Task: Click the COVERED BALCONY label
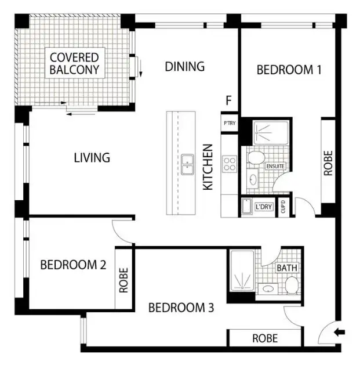[x=74, y=64]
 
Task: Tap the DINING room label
[x=185, y=66]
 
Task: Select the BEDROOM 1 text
[x=289, y=70]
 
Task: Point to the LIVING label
[x=92, y=157]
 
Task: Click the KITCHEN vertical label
[x=208, y=167]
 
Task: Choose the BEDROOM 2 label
[x=73, y=265]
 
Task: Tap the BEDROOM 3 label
[x=181, y=308]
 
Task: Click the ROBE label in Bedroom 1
[x=329, y=164]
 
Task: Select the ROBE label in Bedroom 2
[x=123, y=280]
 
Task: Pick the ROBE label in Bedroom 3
[x=264, y=338]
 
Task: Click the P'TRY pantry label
[x=229, y=123]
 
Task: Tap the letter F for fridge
[x=229, y=101]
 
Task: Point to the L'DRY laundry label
[x=263, y=207]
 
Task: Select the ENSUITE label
[x=275, y=166]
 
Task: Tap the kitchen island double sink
[x=187, y=164]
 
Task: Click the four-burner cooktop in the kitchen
[x=230, y=163]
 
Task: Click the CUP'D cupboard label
[x=283, y=205]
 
